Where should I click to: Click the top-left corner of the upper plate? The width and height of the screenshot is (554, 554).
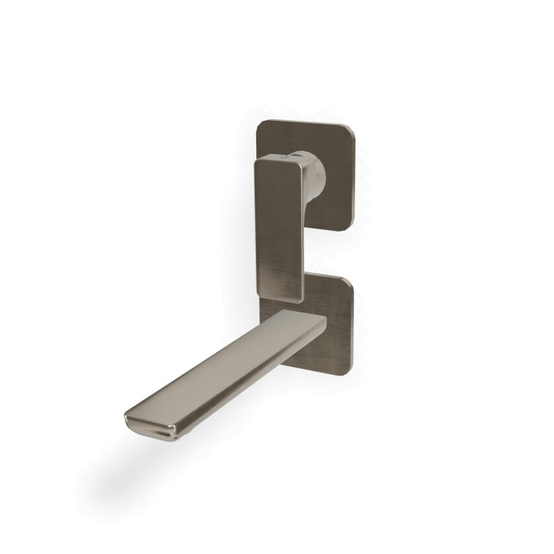(x=261, y=123)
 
